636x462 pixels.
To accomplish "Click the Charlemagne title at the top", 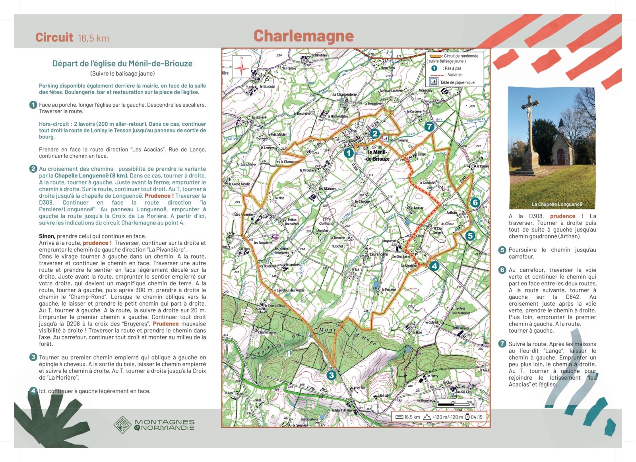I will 303,36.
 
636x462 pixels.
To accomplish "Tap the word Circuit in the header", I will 54,37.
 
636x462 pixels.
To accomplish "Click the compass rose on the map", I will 242,67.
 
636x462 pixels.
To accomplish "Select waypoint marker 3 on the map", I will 331,375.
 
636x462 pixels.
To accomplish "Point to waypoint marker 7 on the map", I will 429,127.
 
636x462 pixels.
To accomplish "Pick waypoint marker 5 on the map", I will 470,236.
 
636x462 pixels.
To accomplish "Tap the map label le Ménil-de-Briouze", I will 378,156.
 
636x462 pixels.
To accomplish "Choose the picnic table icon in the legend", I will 433,82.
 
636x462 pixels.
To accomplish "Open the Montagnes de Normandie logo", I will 154,425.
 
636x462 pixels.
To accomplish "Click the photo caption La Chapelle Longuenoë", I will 557,205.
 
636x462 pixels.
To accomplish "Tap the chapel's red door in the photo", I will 560,157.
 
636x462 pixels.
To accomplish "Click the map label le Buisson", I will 267,86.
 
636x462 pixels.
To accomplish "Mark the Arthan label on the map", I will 452,213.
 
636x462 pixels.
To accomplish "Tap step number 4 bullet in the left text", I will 33,391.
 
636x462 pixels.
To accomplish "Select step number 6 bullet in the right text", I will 502,270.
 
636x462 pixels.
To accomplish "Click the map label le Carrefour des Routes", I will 289,290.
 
